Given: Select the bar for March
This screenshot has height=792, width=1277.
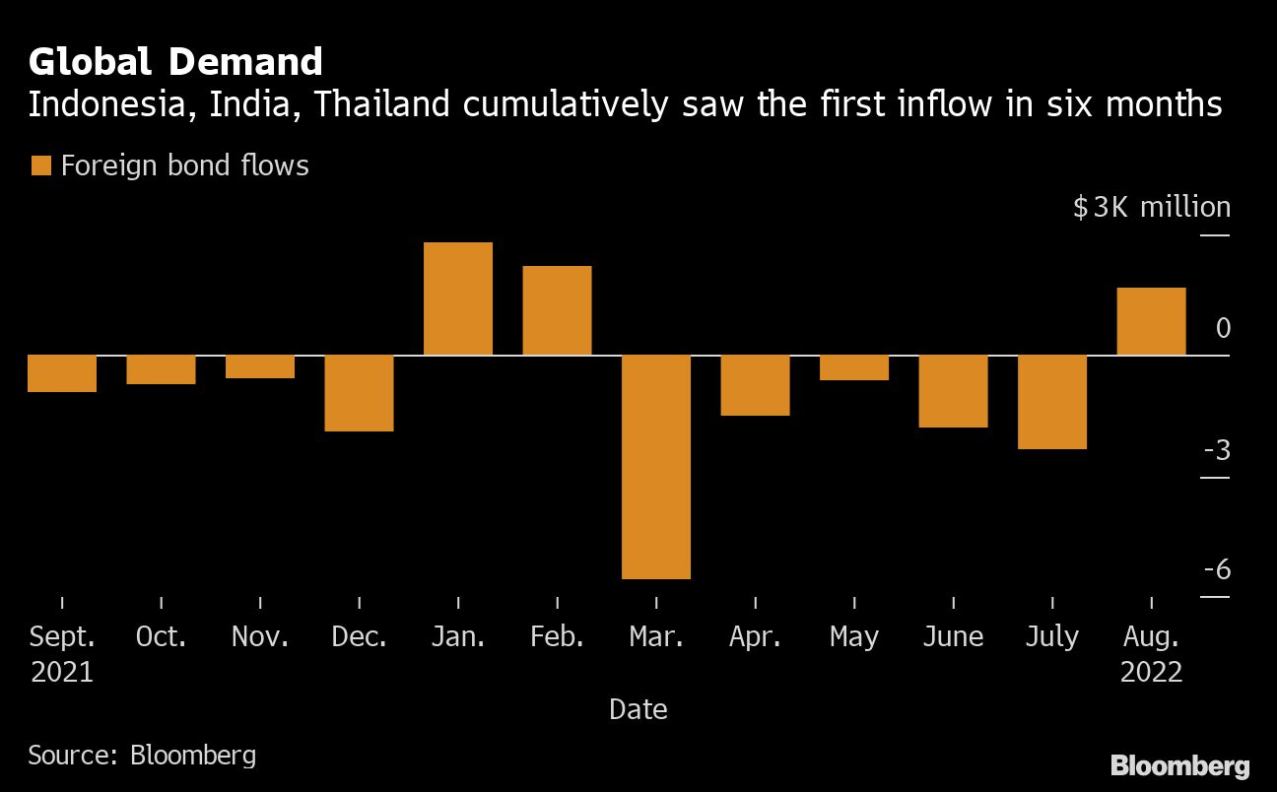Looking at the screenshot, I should pyautogui.click(x=656, y=467).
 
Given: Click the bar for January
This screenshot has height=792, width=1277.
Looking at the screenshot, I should pyautogui.click(x=458, y=298).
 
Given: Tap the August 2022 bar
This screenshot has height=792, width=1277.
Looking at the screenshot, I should pyautogui.click(x=1151, y=321).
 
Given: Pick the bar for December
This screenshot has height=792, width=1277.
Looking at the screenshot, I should pyautogui.click(x=360, y=393).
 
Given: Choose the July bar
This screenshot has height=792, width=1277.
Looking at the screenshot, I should pyautogui.click(x=1052, y=402).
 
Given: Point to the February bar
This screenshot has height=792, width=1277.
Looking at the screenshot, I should pyautogui.click(x=557, y=310).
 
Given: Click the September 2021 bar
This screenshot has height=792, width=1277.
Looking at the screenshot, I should pyautogui.click(x=62, y=373).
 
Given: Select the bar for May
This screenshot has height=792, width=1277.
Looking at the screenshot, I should pyautogui.click(x=854, y=367).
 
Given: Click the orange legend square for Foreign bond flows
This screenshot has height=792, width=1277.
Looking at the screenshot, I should pyautogui.click(x=40, y=165).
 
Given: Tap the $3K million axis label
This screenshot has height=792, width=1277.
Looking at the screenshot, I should pyautogui.click(x=1151, y=207).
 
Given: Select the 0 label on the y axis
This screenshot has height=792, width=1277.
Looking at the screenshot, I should pyautogui.click(x=1223, y=328).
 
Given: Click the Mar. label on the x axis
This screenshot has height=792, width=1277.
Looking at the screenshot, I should pyautogui.click(x=656, y=637).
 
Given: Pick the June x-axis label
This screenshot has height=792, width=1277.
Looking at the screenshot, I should pyautogui.click(x=953, y=637).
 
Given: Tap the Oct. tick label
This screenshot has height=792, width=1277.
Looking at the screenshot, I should pyautogui.click(x=161, y=637).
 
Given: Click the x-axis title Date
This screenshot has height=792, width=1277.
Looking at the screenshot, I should pyautogui.click(x=638, y=708).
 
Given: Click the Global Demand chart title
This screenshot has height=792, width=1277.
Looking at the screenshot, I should pyautogui.click(x=175, y=62).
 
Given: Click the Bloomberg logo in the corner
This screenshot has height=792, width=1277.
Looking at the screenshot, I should pyautogui.click(x=1179, y=765).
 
